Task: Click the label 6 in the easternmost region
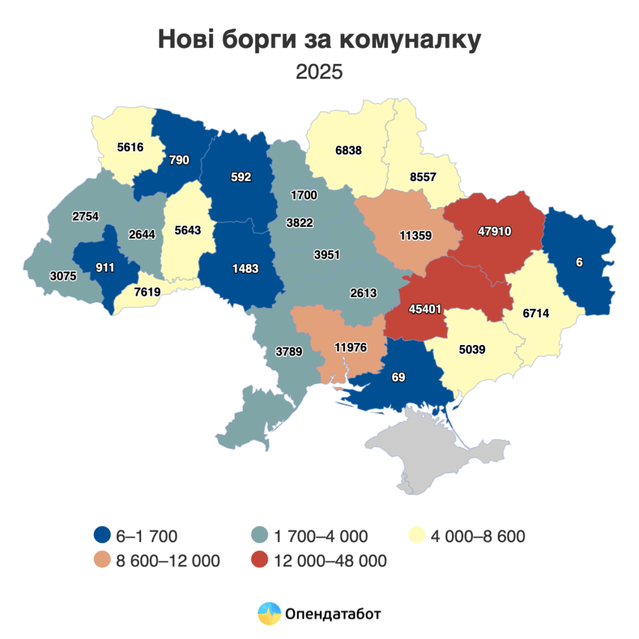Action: coord(579,262)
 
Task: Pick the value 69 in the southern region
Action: coord(398,377)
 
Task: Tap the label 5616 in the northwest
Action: coord(130,147)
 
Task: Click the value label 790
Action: coord(180,161)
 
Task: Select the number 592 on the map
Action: coord(241,178)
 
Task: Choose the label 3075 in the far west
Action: coord(63,276)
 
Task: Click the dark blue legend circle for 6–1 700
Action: coord(102,536)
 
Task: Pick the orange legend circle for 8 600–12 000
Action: coord(102,560)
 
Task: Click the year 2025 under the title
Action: coord(319,72)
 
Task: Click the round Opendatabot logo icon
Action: coord(269,613)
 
